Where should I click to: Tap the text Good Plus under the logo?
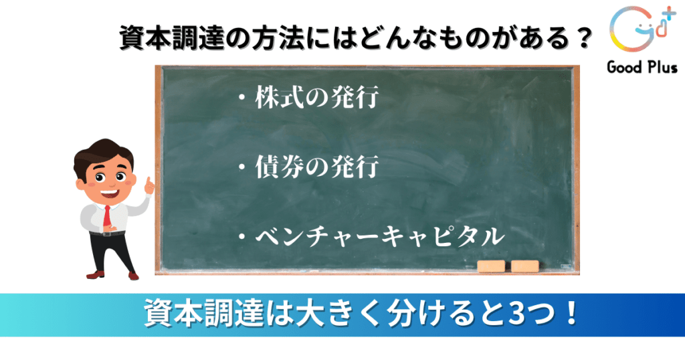click(642, 68)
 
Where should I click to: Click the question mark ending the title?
click(583, 38)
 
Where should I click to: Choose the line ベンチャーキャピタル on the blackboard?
click(380, 236)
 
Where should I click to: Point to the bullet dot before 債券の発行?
click(242, 167)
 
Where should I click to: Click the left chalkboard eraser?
click(491, 266)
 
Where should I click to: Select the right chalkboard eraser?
click(524, 266)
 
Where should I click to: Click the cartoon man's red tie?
click(107, 216)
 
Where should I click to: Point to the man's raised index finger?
click(148, 183)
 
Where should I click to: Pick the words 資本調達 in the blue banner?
click(203, 313)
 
